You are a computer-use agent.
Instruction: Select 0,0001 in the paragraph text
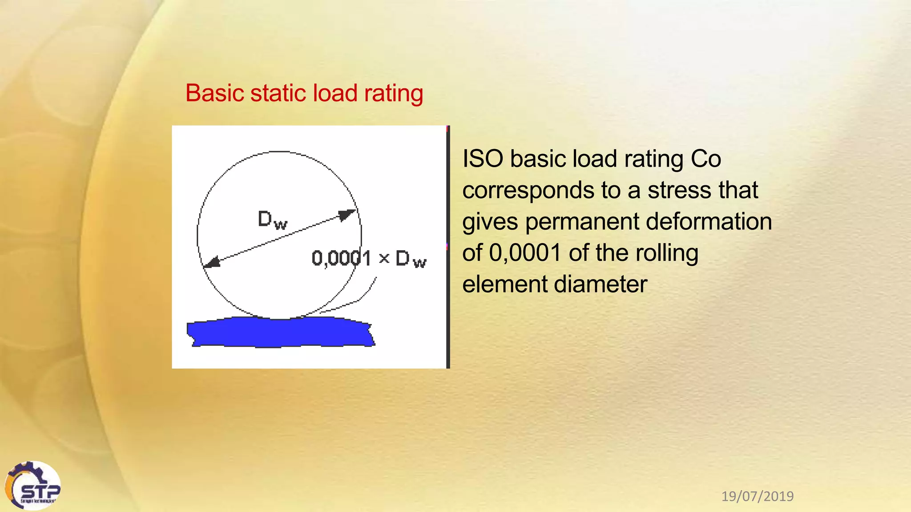click(x=525, y=253)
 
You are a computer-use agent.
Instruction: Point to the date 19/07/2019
click(x=757, y=496)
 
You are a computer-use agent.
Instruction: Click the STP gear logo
click(x=33, y=485)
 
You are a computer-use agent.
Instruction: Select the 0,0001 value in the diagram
click(x=341, y=258)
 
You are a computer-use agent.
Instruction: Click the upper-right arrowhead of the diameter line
click(x=348, y=215)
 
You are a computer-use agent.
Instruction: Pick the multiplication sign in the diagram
click(x=384, y=258)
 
